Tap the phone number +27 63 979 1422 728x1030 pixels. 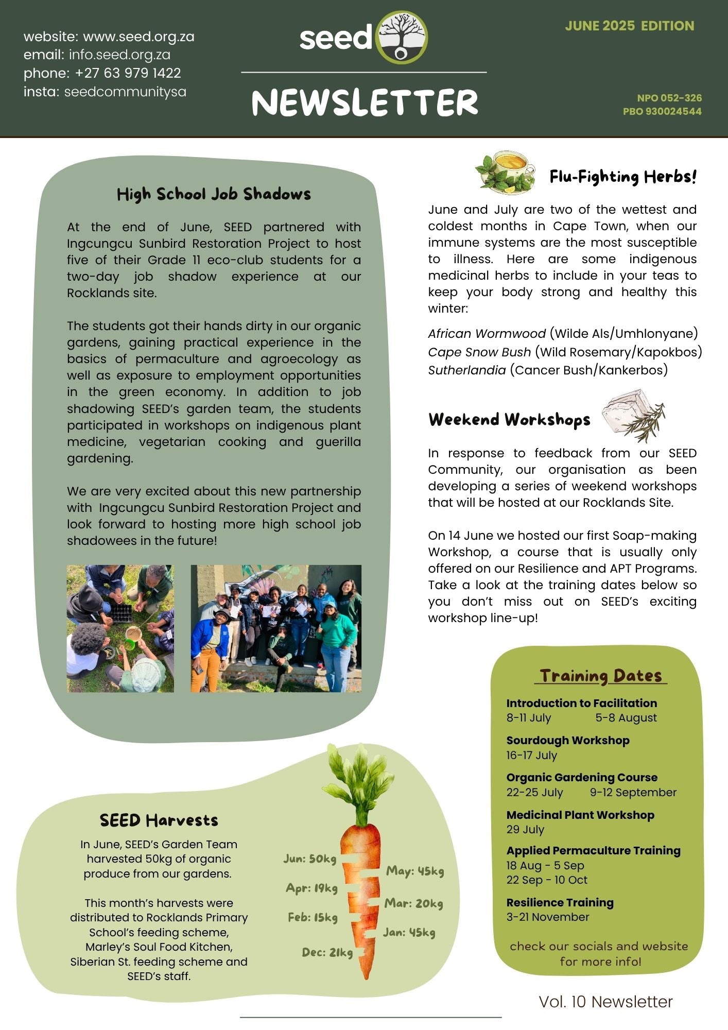pyautogui.click(x=128, y=73)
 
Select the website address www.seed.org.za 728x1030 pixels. pyautogui.click(x=138, y=37)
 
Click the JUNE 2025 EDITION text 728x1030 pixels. pyautogui.click(x=629, y=26)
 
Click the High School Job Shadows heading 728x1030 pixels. pyautogui.click(x=214, y=194)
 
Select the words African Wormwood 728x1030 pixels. pyautogui.click(x=487, y=334)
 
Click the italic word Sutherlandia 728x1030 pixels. pyautogui.click(x=466, y=370)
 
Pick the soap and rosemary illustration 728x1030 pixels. pyautogui.click(x=633, y=415)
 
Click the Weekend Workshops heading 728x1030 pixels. pyautogui.click(x=509, y=420)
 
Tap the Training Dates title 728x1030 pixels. pyautogui.click(x=600, y=675)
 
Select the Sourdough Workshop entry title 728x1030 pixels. pyautogui.click(x=567, y=740)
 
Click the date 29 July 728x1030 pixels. pyautogui.click(x=525, y=829)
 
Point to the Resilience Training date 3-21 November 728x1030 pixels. pyautogui.click(x=547, y=917)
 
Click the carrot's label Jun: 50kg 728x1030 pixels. pyautogui.click(x=309, y=859)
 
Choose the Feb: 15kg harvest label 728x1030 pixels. pyautogui.click(x=313, y=917)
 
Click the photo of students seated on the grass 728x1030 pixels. pyautogui.click(x=120, y=628)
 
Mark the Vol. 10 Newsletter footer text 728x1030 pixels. pyautogui.click(x=605, y=1002)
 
